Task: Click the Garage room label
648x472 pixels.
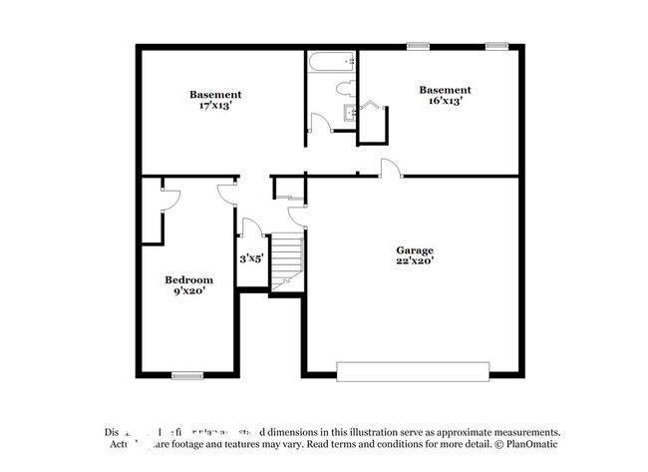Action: click(415, 250)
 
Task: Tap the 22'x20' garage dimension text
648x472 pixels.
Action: click(415, 261)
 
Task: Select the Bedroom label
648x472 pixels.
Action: click(188, 280)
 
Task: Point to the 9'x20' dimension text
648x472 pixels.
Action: click(188, 292)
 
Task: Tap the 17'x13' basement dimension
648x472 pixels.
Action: click(215, 106)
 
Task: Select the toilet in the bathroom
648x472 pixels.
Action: click(345, 89)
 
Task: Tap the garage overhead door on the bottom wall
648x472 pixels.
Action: click(413, 371)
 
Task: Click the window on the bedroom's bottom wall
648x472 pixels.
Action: click(187, 376)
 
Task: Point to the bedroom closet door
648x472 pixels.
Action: click(169, 199)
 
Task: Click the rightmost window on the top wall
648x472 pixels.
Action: click(496, 46)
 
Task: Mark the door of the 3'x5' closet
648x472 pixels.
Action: click(251, 229)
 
